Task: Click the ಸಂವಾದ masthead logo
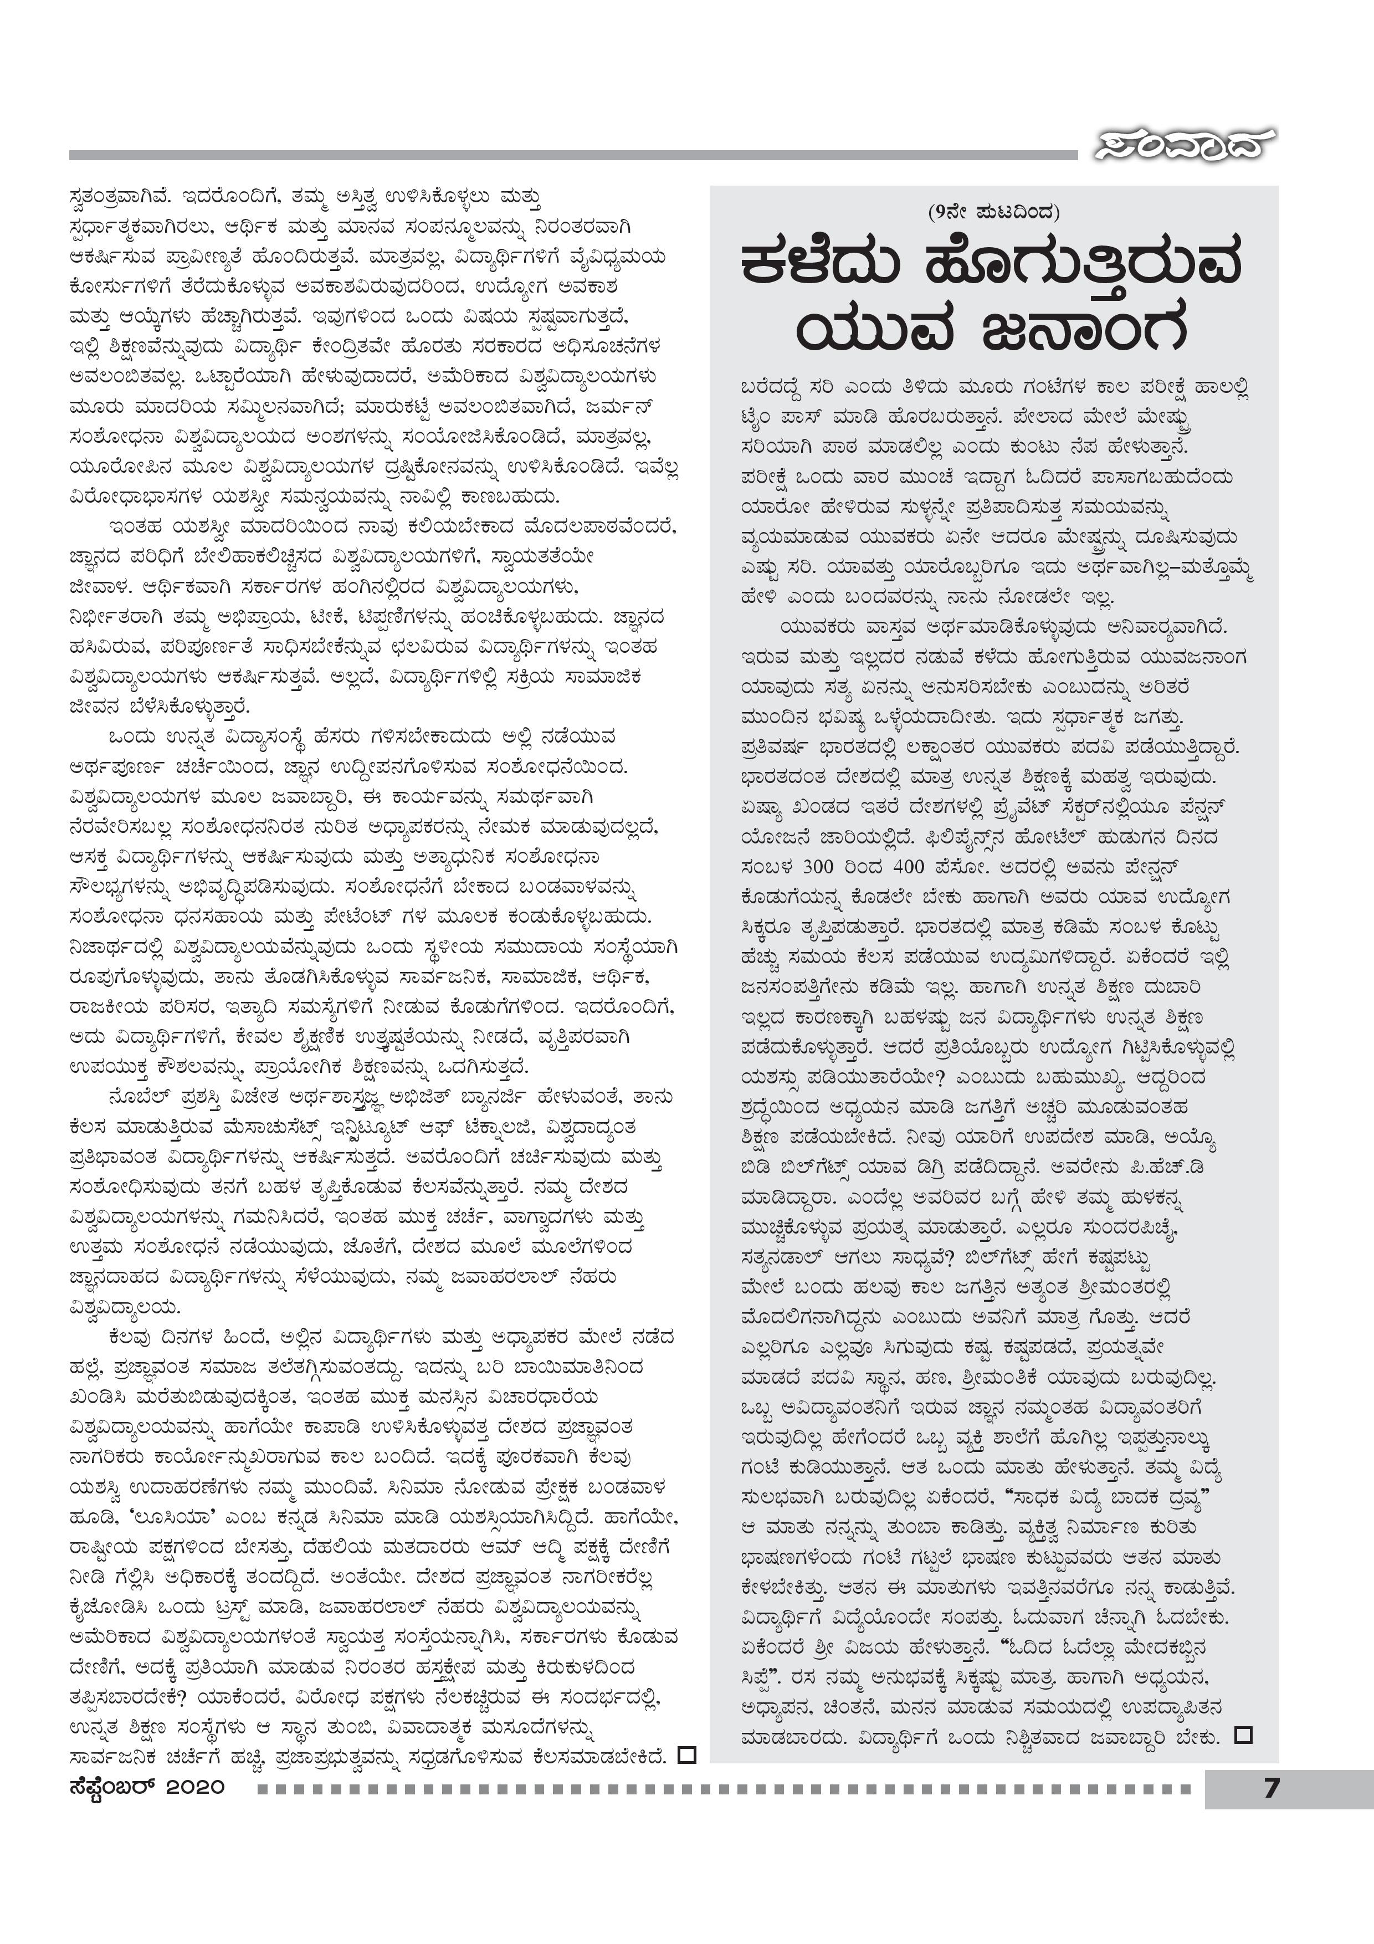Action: click(1183, 146)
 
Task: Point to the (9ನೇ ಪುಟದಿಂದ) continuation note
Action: click(993, 212)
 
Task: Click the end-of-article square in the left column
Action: click(688, 1755)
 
